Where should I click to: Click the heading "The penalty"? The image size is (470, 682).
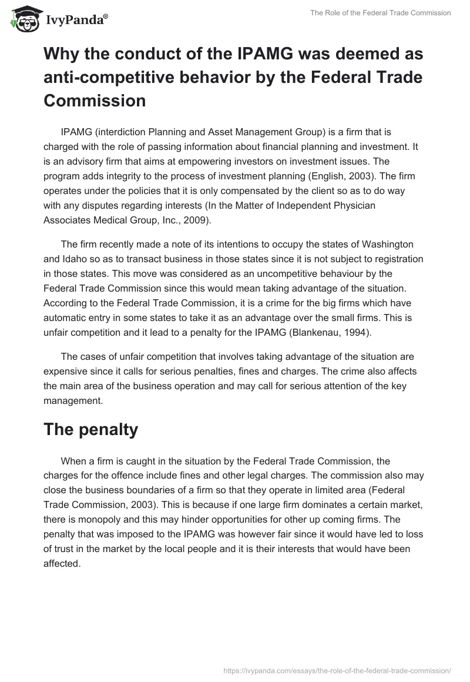pyautogui.click(x=91, y=429)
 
